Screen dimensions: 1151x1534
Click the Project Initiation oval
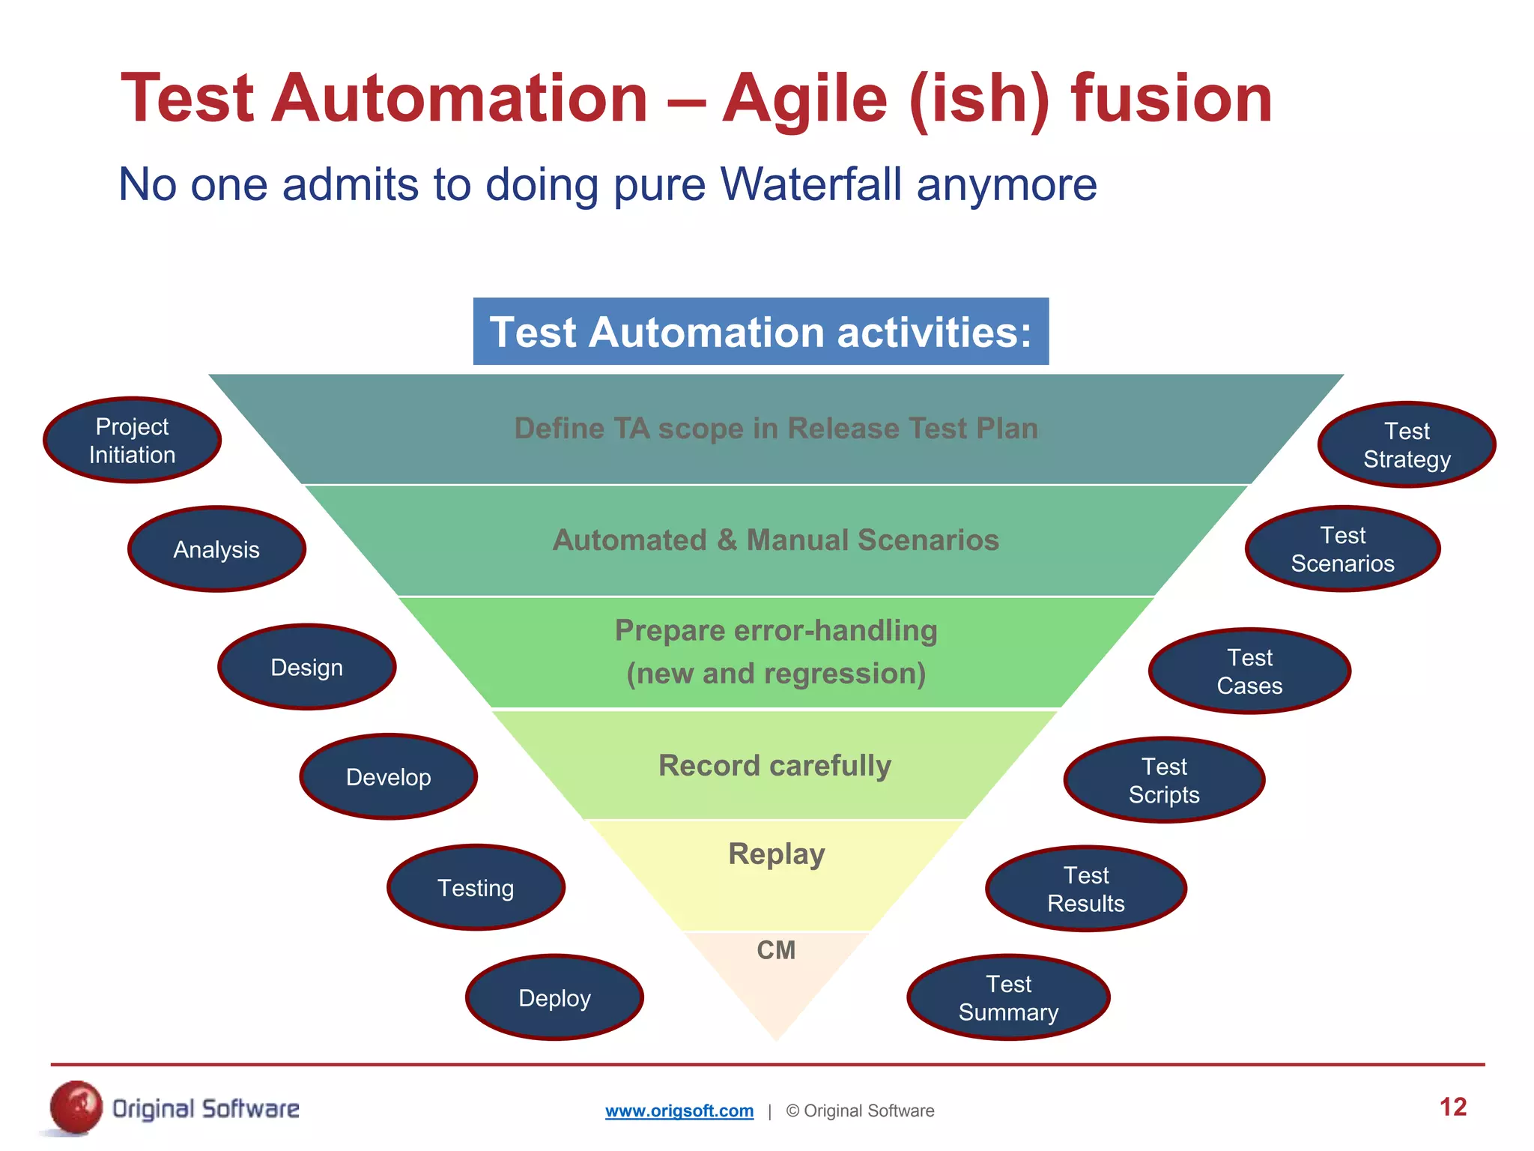click(x=132, y=441)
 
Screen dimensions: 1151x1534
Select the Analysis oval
click(x=216, y=549)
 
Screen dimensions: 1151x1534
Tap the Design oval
click(x=306, y=667)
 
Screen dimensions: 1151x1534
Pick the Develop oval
click(x=388, y=777)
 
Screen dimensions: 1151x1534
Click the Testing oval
click(x=476, y=888)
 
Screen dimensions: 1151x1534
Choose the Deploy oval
click(x=554, y=998)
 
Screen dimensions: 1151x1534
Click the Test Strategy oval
click(x=1407, y=445)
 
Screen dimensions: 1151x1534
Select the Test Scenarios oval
click(x=1342, y=549)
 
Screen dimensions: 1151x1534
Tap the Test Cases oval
click(x=1249, y=671)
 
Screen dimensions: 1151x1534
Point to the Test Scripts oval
click(x=1164, y=780)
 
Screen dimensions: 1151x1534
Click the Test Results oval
click(x=1086, y=889)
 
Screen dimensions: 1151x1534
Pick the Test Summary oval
click(x=1008, y=998)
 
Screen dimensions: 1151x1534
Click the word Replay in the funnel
click(x=776, y=854)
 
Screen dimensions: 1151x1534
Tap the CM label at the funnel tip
click(x=776, y=950)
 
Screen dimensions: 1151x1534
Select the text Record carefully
click(x=774, y=766)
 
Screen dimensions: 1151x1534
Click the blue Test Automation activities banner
click(x=760, y=332)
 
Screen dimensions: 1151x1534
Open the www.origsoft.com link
click(x=679, y=1111)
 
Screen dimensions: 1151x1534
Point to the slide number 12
click(x=1452, y=1107)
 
